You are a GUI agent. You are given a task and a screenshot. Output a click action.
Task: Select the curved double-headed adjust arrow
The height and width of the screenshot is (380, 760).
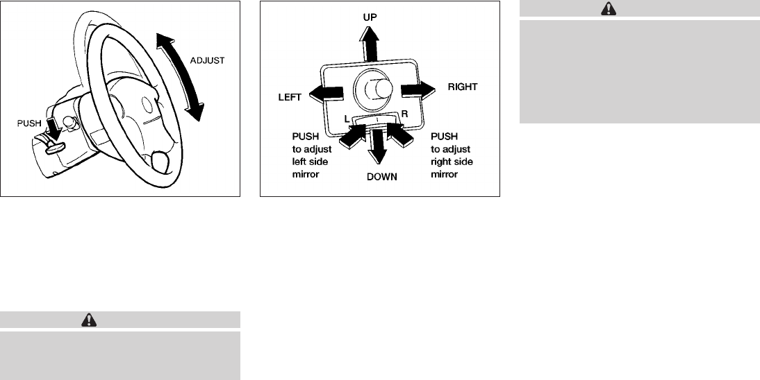pyautogui.click(x=180, y=78)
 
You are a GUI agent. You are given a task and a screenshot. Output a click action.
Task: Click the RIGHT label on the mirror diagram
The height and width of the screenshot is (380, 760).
pyautogui.click(x=462, y=87)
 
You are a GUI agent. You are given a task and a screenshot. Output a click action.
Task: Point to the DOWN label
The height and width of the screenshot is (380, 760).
pyautogui.click(x=381, y=177)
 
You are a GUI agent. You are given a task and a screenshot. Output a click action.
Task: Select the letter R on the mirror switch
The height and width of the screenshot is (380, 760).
pyautogui.click(x=404, y=113)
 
